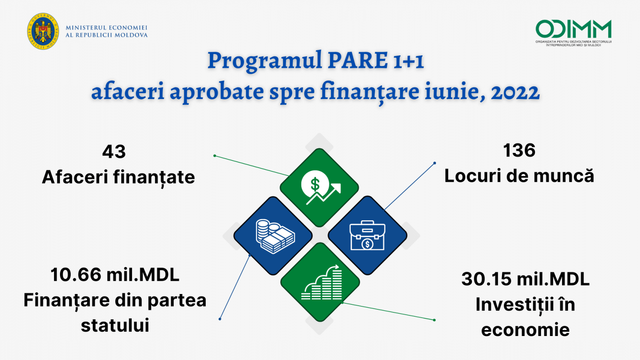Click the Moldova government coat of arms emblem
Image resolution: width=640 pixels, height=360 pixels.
coord(43,31)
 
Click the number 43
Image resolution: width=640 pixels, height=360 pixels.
coord(114,151)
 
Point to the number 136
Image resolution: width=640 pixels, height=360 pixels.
coord(519,150)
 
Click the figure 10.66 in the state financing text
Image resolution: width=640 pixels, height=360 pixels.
coord(76,275)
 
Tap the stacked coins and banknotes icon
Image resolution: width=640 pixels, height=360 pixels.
coord(275,236)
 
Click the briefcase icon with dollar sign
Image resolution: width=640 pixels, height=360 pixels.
coord(367,235)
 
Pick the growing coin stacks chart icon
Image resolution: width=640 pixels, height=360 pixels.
coord(322,282)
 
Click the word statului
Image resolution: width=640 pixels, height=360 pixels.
coord(115,325)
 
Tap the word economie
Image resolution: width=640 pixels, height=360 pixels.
coord(526,330)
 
